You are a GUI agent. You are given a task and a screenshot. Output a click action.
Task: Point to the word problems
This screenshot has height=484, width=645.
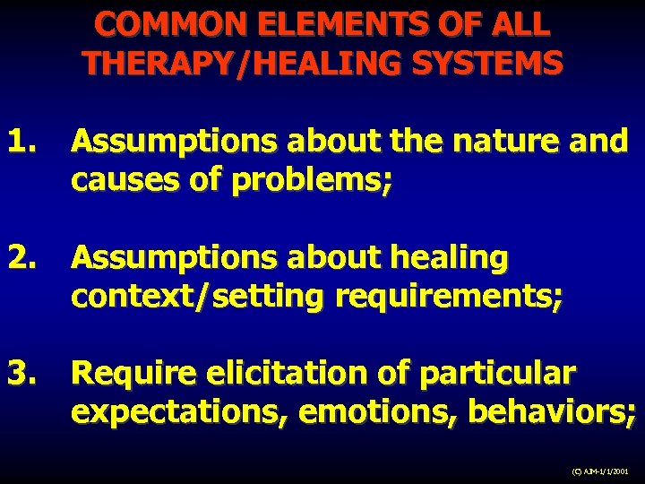point(314,182)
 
